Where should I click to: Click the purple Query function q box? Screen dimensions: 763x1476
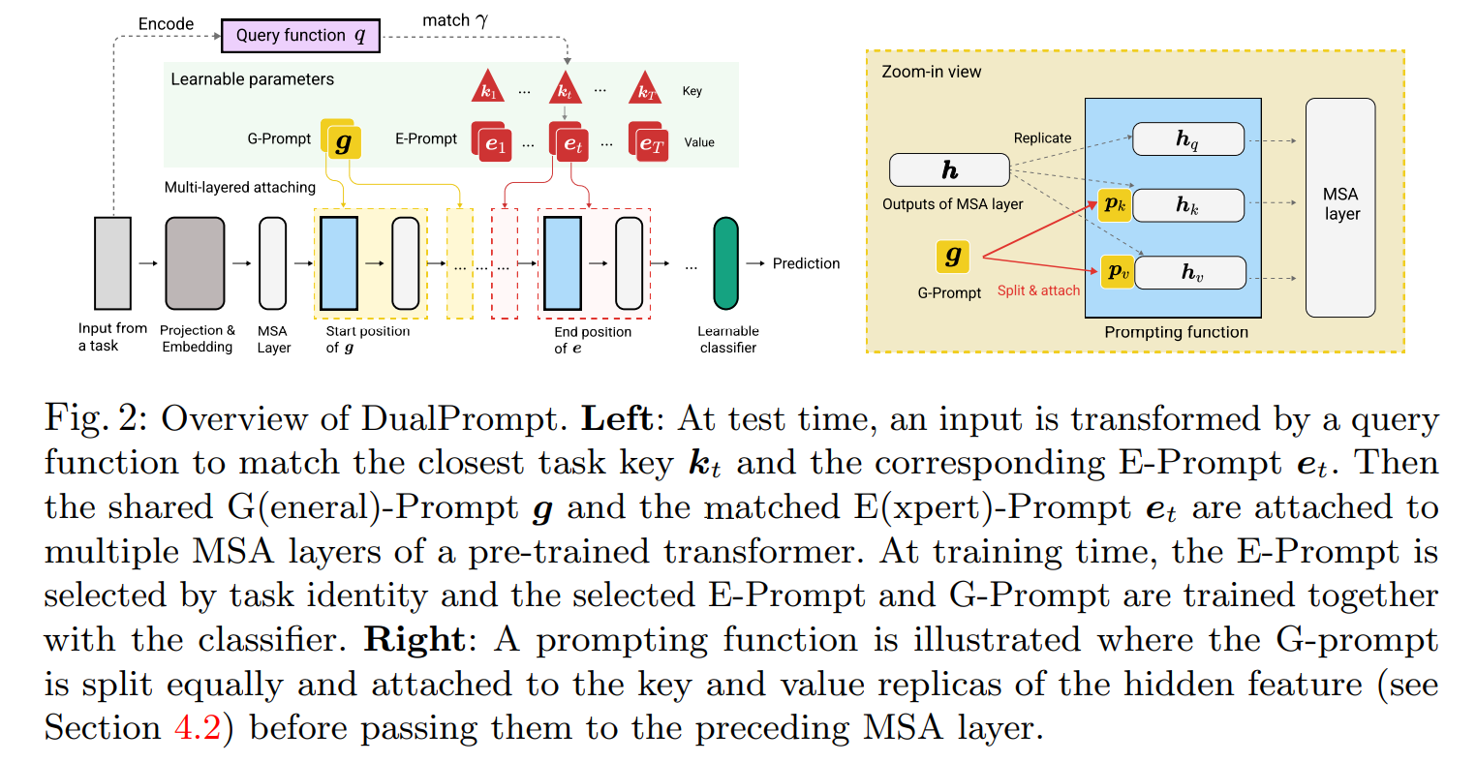pos(299,36)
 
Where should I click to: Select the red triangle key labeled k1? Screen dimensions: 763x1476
pos(487,88)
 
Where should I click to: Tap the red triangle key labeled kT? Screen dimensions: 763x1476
pos(646,88)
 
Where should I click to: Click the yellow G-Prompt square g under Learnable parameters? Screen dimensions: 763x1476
pos(342,141)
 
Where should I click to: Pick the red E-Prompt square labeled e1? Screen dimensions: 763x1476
pos(494,143)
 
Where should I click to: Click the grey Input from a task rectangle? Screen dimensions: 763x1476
pos(112,263)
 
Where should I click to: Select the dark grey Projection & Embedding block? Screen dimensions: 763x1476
pos(195,263)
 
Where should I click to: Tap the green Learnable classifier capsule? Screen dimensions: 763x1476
pos(725,263)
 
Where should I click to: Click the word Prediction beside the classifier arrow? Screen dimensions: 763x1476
pos(806,263)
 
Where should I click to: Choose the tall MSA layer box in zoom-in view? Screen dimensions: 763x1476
pos(1340,207)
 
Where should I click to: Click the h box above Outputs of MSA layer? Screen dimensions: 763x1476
pos(949,170)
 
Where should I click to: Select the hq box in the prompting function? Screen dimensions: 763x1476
pos(1188,139)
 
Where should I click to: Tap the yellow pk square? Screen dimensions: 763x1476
pos(1116,204)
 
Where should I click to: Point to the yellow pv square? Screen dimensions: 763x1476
pos(1118,272)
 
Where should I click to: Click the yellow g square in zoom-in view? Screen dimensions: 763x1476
pos(953,256)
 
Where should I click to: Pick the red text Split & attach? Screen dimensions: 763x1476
pos(1038,290)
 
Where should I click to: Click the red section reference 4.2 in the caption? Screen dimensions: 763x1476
pos(199,727)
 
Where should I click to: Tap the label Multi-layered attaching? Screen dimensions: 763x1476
pos(240,187)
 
